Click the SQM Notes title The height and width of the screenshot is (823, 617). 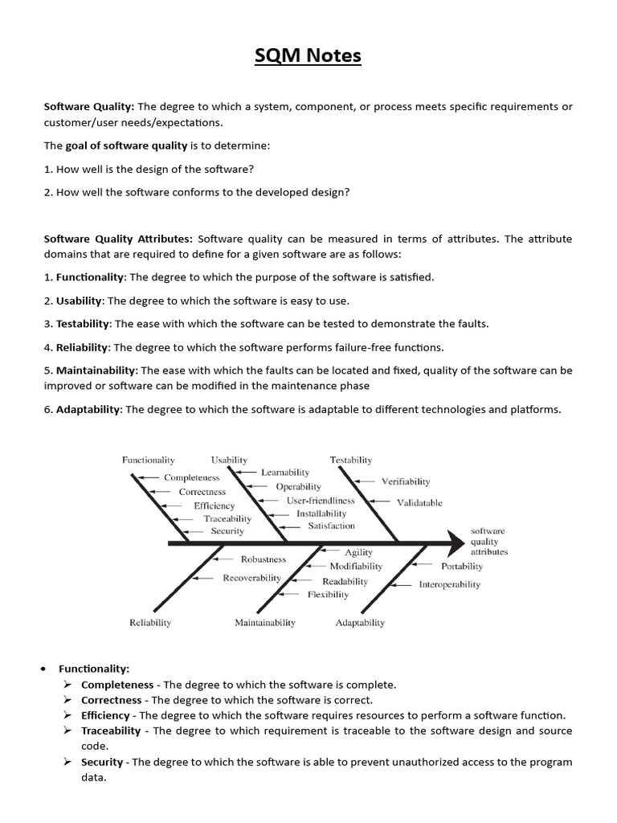tap(308, 55)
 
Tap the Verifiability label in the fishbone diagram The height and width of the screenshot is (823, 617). tap(405, 481)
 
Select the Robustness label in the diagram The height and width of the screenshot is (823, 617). tap(264, 559)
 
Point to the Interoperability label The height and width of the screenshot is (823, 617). tap(449, 584)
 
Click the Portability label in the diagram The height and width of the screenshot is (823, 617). tap(462, 566)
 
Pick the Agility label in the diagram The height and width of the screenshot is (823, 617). tap(358, 553)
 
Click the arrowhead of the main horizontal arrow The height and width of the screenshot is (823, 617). tap(456, 544)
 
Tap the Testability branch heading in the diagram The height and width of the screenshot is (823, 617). tap(351, 460)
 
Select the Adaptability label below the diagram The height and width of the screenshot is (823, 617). tap(360, 622)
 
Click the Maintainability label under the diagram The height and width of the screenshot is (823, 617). tap(265, 622)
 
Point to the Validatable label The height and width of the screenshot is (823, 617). tap(419, 502)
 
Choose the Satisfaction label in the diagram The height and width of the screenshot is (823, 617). tap(331, 526)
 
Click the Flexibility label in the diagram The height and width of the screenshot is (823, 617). tap(328, 595)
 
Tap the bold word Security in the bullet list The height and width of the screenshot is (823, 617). tap(102, 761)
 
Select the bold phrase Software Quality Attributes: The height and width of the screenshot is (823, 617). tap(118, 238)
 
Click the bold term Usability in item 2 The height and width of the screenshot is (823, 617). tap(79, 301)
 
